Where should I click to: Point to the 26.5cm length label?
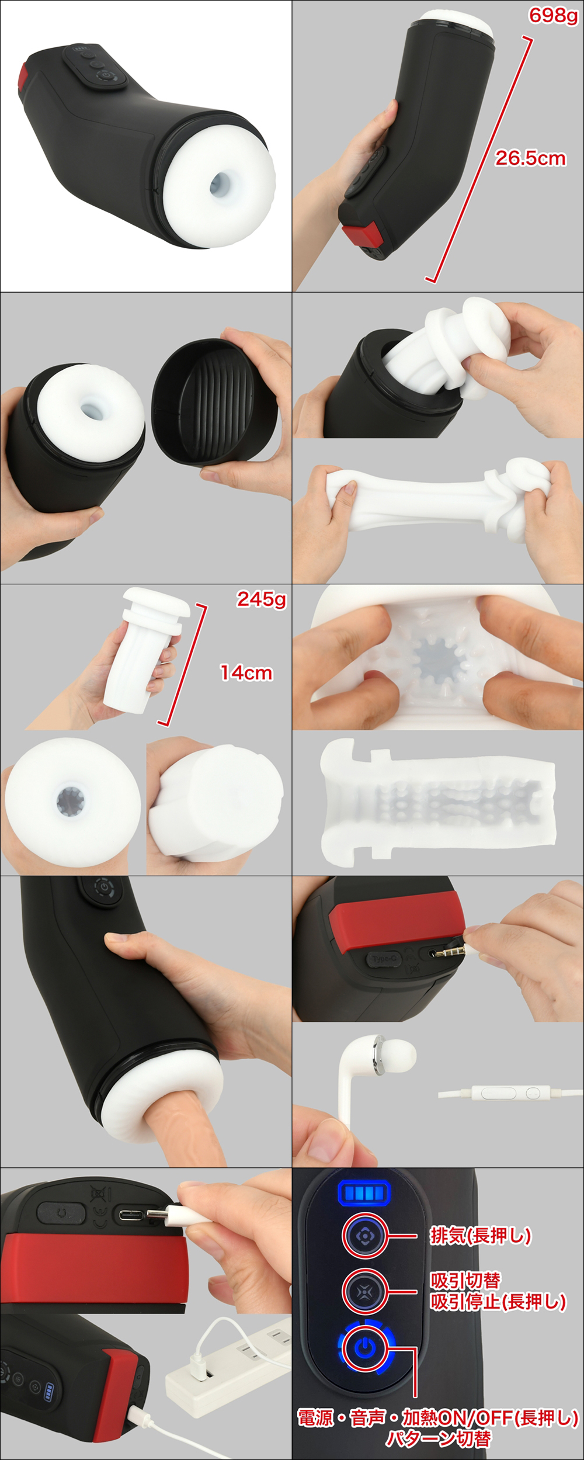tap(530, 158)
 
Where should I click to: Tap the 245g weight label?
tap(261, 599)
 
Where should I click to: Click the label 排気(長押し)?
tap(481, 1235)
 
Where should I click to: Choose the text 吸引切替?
tap(465, 1279)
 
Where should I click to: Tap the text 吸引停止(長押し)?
tap(498, 1301)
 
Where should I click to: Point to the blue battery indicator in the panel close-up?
tap(363, 1192)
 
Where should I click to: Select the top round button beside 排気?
tap(364, 1236)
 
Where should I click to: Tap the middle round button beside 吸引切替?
tap(364, 1290)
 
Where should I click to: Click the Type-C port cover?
tap(384, 959)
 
